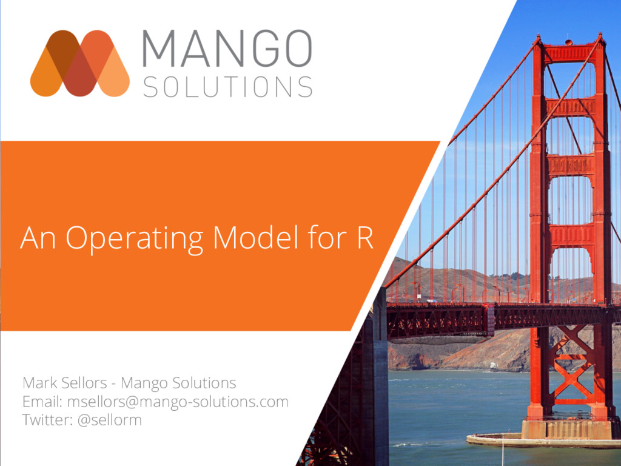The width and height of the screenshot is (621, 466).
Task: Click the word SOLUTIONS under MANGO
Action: pyautogui.click(x=227, y=87)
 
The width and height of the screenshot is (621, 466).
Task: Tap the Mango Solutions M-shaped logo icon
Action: pyautogui.click(x=79, y=63)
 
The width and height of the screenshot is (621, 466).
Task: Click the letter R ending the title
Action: pyautogui.click(x=364, y=237)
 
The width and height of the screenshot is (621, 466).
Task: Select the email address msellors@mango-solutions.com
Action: pyautogui.click(x=178, y=402)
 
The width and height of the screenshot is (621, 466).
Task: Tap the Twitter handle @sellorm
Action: pyautogui.click(x=110, y=419)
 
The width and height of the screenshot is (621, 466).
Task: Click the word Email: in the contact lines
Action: pyautogui.click(x=42, y=402)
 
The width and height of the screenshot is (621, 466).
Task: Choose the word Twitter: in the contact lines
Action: pyautogui.click(x=48, y=419)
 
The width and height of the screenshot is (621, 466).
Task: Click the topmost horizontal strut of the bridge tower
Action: pyautogui.click(x=569, y=53)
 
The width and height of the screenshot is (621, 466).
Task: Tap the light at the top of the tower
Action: pyautogui.click(x=568, y=42)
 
